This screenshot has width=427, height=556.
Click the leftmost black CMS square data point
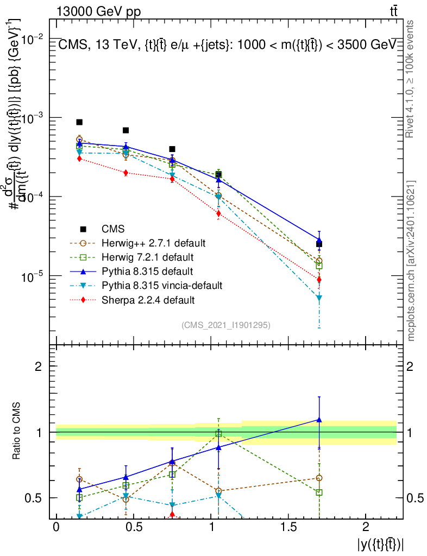[79, 122]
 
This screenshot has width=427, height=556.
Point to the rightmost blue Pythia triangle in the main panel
[319, 240]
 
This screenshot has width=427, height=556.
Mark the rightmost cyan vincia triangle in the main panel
[319, 298]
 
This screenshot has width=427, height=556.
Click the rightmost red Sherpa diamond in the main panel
[319, 280]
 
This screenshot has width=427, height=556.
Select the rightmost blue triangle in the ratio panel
[319, 420]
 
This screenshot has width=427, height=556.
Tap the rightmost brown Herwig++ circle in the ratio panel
[319, 478]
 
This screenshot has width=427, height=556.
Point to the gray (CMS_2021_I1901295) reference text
[225, 325]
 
